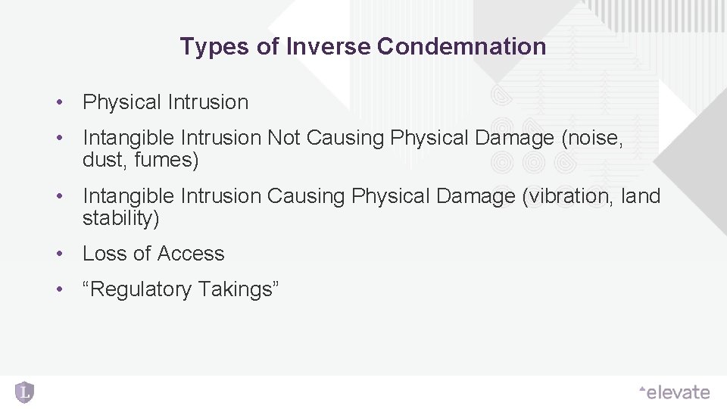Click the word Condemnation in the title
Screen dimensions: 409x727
tap(461, 47)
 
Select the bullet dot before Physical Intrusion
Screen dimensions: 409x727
tap(58, 102)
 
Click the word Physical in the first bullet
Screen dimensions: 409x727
tap(122, 102)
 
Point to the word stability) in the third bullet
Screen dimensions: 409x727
tap(120, 218)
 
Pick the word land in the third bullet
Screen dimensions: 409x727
tap(641, 196)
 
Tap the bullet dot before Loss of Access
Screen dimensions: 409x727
tap(58, 254)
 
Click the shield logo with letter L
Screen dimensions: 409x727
tap(25, 392)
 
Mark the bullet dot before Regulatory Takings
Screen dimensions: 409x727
tap(58, 289)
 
